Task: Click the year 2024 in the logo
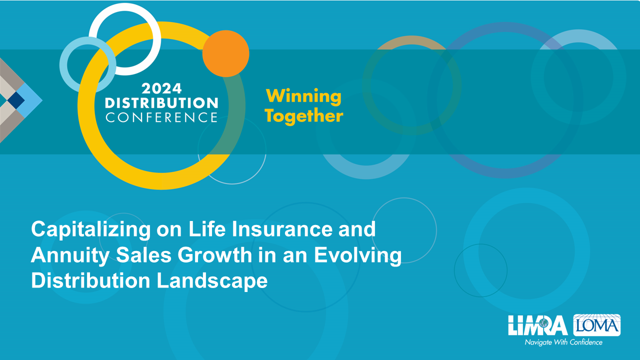pos(161,88)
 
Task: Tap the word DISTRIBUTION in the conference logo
pos(161,103)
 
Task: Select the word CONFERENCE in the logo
pos(161,117)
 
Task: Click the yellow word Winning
pos(303,96)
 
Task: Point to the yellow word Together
pos(303,116)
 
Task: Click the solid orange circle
pos(225,53)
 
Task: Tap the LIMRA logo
pos(537,325)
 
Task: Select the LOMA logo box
pos(597,325)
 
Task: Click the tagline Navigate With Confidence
pos(563,342)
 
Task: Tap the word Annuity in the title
pos(70,255)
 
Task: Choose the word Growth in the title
pos(214,255)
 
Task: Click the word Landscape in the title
pos(212,281)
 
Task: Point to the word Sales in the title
pos(143,255)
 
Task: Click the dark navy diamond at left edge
pos(16,100)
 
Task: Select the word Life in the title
pos(207,229)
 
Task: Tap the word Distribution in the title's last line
pos(90,280)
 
